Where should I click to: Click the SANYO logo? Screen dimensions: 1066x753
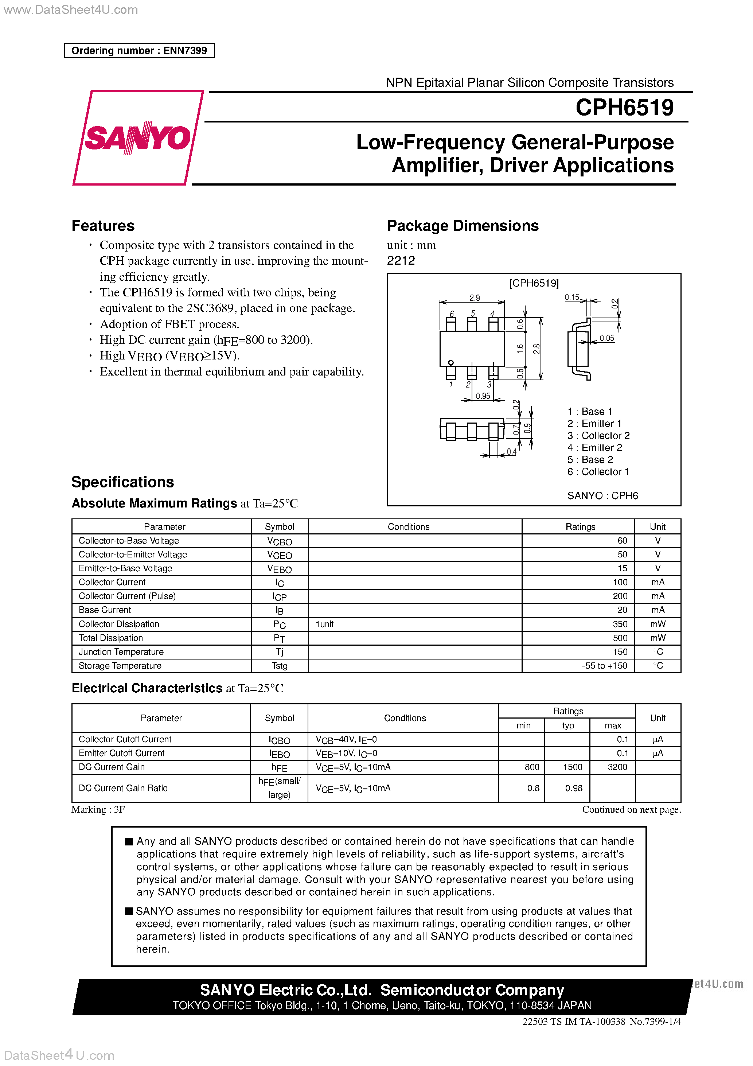click(137, 137)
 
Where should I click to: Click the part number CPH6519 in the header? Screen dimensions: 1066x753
click(624, 107)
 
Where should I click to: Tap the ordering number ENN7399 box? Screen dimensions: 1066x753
click(139, 51)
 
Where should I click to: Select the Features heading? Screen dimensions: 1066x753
click(103, 226)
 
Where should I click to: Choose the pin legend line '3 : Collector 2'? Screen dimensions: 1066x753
click(598, 436)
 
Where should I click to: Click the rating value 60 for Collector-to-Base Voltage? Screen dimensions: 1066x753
click(622, 540)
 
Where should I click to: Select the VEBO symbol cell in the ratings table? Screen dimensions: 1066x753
click(280, 569)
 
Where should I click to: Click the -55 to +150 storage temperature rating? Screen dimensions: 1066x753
click(604, 665)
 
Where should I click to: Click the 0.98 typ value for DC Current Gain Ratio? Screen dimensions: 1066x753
click(573, 788)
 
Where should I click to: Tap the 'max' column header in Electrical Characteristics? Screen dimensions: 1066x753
click(612, 725)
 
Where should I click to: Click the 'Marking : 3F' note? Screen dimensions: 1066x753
click(98, 809)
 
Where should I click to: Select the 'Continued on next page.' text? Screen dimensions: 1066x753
click(631, 809)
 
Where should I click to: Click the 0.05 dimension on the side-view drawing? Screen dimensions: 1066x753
click(606, 338)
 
